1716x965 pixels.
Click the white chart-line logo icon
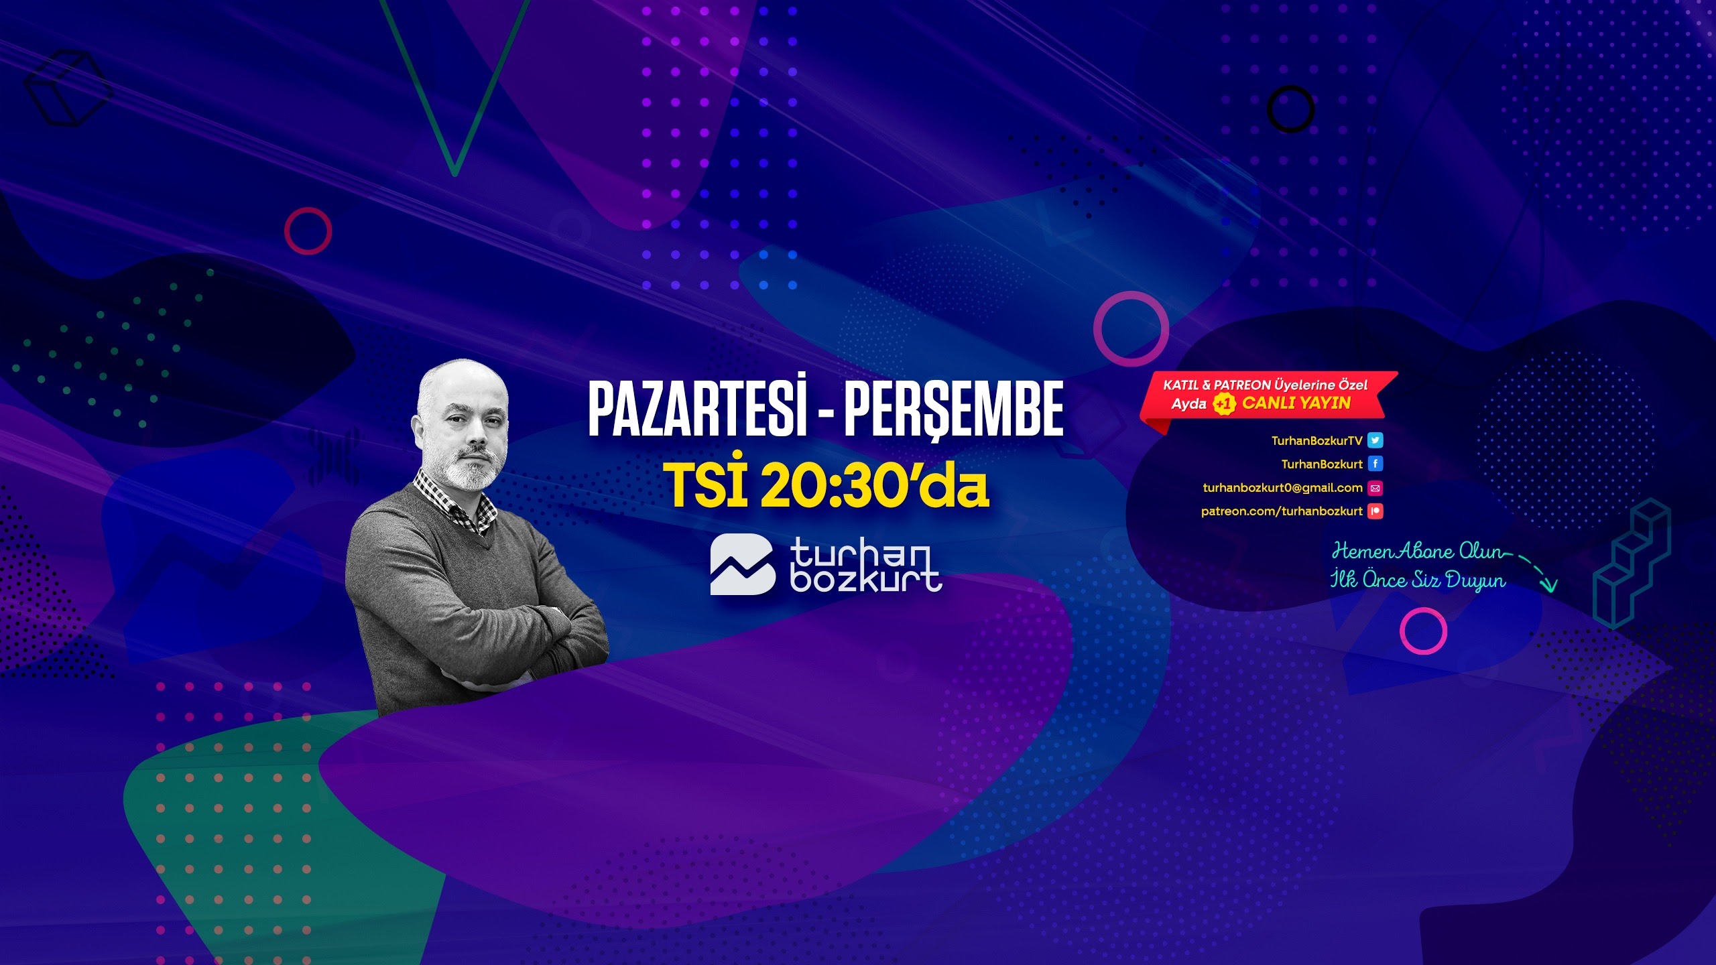tap(742, 564)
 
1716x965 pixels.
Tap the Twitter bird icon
tap(1375, 440)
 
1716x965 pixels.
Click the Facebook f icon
tap(1375, 464)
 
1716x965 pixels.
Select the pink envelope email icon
tap(1375, 488)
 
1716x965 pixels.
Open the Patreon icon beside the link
tap(1375, 511)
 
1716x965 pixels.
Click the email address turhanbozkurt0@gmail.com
tap(1282, 488)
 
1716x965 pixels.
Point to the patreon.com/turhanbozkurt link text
tap(1282, 511)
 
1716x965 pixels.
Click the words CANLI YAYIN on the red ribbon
tap(1296, 403)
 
